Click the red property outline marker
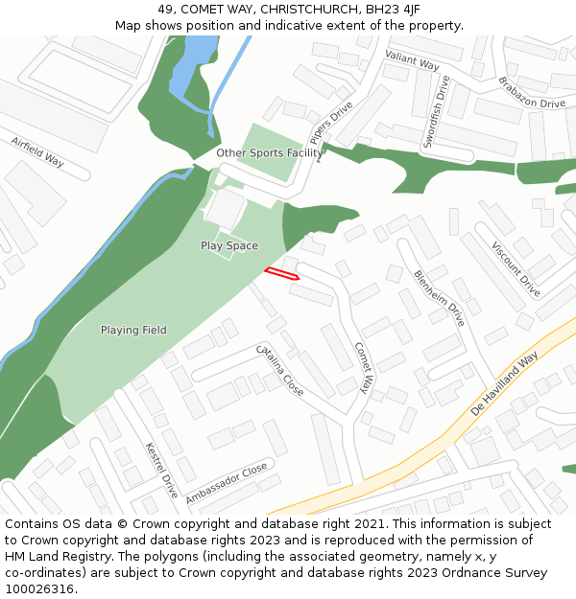point(281,274)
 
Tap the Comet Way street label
point(363,368)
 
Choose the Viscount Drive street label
point(516,269)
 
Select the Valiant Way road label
point(412,60)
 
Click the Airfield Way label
point(37,152)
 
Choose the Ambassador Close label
point(227,485)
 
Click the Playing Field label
point(133,331)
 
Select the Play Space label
point(229,246)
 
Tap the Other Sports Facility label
point(270,153)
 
